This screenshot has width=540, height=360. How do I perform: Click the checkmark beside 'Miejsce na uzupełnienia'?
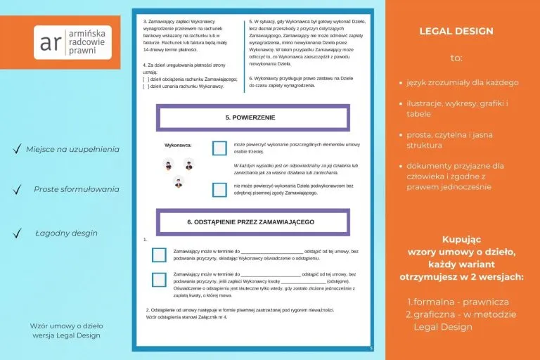tap(15, 149)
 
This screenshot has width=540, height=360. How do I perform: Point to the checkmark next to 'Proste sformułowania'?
tap(15, 189)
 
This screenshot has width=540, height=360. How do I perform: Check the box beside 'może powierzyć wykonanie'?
tap(219, 148)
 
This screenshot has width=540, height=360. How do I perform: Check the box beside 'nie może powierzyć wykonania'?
tap(219, 189)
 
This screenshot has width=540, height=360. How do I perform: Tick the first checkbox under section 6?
tap(159, 255)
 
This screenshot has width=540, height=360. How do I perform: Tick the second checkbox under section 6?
tap(159, 280)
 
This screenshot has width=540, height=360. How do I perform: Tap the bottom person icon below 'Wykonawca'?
tap(179, 182)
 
